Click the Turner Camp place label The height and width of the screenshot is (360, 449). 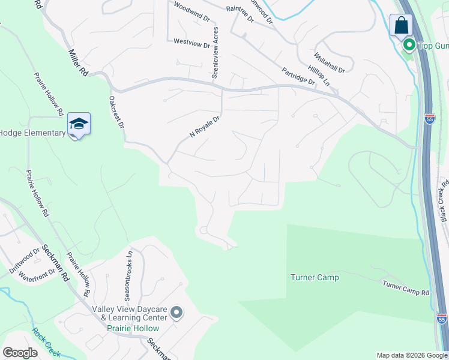pos(315,277)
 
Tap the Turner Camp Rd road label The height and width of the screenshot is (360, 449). pos(406,287)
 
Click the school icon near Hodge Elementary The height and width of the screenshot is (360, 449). pos(79,124)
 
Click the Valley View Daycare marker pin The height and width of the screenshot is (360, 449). pos(176,313)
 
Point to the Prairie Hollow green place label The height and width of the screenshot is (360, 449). pos(133,328)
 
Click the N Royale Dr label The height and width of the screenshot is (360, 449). pos(205,127)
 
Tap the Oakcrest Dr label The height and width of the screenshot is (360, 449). pos(116,113)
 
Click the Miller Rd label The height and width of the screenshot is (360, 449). pos(78,62)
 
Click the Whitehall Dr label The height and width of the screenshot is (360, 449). pos(330,61)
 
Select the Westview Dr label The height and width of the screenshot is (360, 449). pos(191,43)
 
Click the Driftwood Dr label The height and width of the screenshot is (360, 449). pos(24,261)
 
